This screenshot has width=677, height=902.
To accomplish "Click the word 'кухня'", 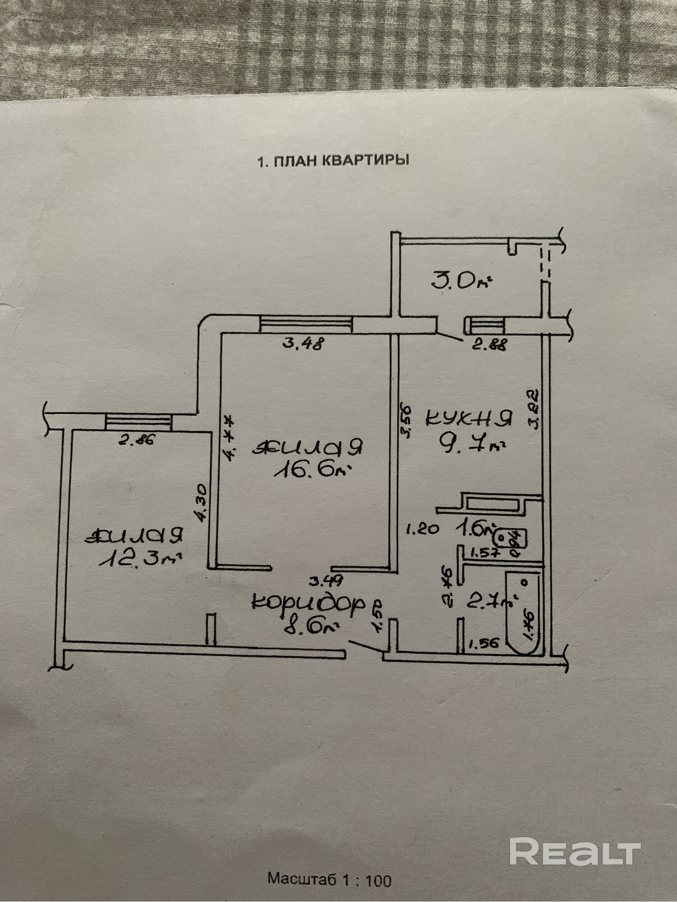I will coord(469,419).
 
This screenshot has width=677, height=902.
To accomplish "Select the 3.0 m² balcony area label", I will coord(460,281).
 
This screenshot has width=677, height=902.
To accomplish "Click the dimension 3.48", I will coord(303,345).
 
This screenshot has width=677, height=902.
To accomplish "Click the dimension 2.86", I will coord(136,439).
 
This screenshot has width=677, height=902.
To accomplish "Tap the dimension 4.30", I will coord(201,503).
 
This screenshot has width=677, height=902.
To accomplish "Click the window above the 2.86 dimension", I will coord(139,423).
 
